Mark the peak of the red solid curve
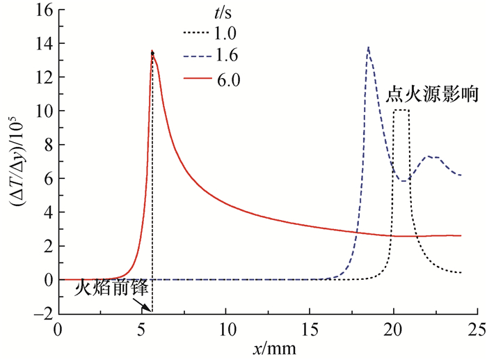(152, 52)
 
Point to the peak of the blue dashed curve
(368, 48)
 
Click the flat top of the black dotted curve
(401, 110)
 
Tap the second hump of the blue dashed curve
(431, 157)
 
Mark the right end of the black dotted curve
(461, 272)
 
